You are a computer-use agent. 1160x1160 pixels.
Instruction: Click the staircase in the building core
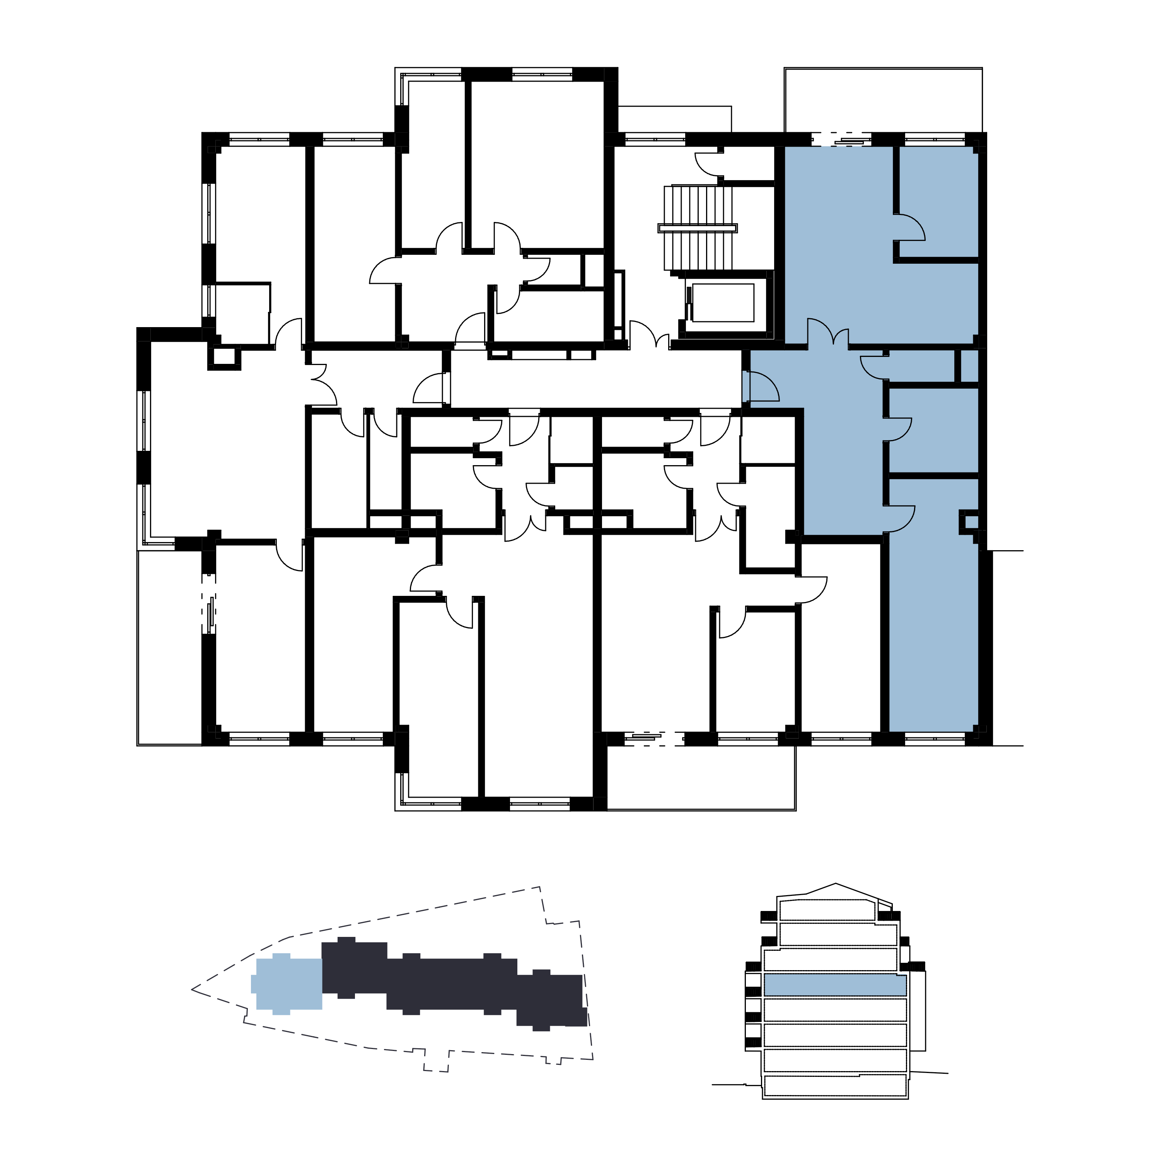point(698,207)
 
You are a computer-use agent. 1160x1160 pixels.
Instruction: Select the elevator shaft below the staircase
point(723,303)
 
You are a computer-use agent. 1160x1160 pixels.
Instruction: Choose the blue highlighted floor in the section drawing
point(834,985)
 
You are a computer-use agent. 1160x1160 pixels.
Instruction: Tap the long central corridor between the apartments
point(594,379)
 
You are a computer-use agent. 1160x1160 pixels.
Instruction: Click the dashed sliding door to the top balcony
point(841,139)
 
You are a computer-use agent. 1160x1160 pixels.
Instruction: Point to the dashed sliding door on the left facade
point(209,604)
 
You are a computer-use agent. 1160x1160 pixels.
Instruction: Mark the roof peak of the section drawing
point(835,884)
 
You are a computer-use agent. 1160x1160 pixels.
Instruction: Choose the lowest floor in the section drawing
point(834,1085)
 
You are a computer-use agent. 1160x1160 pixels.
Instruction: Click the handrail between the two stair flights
point(698,228)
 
